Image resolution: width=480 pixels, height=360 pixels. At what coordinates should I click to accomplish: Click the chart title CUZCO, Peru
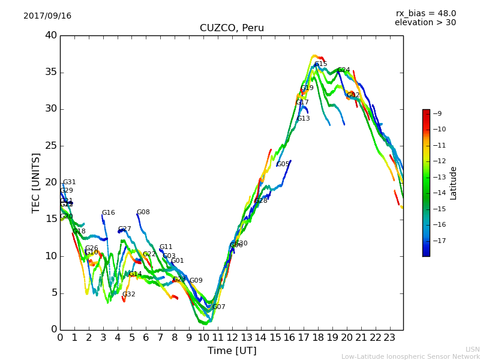pyautogui.click(x=232, y=28)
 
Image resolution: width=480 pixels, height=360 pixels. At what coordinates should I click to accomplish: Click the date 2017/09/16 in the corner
pyautogui.click(x=47, y=16)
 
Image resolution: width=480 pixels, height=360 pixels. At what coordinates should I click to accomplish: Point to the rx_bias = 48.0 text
pyautogui.click(x=425, y=13)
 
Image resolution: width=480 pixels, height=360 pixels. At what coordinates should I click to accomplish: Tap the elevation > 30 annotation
pyautogui.click(x=425, y=23)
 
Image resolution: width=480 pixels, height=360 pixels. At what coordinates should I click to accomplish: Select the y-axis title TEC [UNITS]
pyautogui.click(x=36, y=182)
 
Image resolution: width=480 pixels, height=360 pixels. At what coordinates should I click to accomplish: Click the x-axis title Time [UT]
pyautogui.click(x=232, y=350)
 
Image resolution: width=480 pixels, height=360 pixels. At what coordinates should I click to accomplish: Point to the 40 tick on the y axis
pyautogui.click(x=51, y=35)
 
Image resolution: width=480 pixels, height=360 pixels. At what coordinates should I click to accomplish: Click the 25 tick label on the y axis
pyautogui.click(x=51, y=146)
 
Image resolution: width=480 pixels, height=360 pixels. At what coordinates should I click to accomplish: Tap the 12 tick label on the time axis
pyautogui.click(x=232, y=337)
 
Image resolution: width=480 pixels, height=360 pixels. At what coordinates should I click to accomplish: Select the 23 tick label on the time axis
pyautogui.click(x=390, y=337)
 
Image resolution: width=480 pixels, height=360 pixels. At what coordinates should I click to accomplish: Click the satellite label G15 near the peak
pyautogui.click(x=320, y=64)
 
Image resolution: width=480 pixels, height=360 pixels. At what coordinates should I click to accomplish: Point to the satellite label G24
pyautogui.click(x=343, y=70)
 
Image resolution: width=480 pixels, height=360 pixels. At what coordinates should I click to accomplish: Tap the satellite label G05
pyautogui.click(x=283, y=164)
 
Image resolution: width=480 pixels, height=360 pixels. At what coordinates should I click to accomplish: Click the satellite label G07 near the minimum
pyautogui.click(x=218, y=307)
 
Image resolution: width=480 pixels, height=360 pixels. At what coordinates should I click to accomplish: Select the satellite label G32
pyautogui.click(x=128, y=295)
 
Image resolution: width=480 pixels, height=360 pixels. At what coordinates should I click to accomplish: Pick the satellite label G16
pyautogui.click(x=108, y=213)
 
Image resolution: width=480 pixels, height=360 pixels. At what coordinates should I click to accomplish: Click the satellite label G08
pyautogui.click(x=143, y=212)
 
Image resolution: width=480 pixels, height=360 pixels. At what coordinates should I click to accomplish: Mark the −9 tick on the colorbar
pyautogui.click(x=437, y=113)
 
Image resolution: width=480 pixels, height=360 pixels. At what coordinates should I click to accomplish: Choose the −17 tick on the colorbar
pyautogui.click(x=439, y=241)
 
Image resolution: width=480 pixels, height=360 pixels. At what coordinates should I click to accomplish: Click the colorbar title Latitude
pyautogui.click(x=453, y=182)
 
